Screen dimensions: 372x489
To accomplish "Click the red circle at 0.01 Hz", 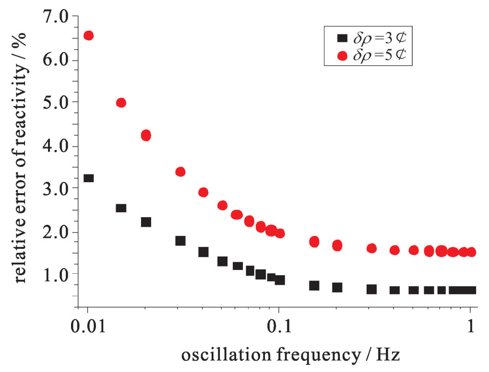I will pyautogui.click(x=88, y=35).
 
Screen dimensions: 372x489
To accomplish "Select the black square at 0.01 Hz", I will pyautogui.click(x=88, y=178).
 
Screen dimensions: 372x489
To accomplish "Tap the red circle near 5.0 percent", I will pyautogui.click(x=121, y=103).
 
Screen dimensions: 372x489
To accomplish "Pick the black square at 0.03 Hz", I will pyautogui.click(x=180, y=241).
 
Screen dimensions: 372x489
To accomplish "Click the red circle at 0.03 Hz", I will pyautogui.click(x=180, y=172).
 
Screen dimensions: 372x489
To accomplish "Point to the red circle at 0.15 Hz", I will pyautogui.click(x=314, y=242).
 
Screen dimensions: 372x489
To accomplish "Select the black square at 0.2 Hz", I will pyautogui.click(x=337, y=287).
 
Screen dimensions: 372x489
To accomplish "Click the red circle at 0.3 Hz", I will pyautogui.click(x=371, y=248).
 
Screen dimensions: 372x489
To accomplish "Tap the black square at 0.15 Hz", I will pyautogui.click(x=314, y=285).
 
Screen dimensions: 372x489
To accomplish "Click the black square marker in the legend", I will pyautogui.click(x=342, y=37).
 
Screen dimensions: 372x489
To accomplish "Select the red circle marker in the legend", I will pyautogui.click(x=342, y=56).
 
